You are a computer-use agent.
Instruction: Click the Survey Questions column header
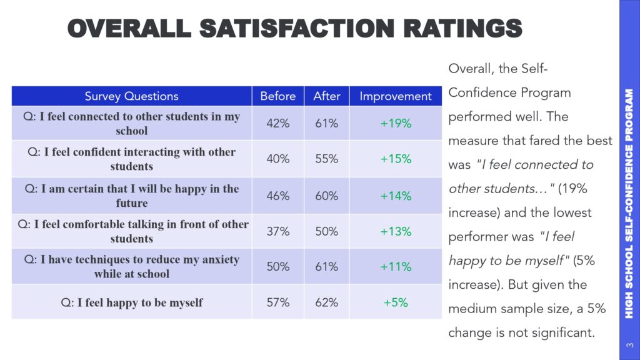pyautogui.click(x=131, y=96)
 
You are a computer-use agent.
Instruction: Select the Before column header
pyautogui.click(x=278, y=96)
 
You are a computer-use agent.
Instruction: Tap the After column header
pyautogui.click(x=326, y=96)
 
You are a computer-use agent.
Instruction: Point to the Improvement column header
pyautogui.click(x=396, y=97)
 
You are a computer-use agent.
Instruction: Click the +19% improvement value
pyautogui.click(x=396, y=123)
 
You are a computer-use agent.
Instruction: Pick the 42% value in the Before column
pyautogui.click(x=278, y=123)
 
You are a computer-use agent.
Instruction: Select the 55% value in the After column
pyautogui.click(x=326, y=159)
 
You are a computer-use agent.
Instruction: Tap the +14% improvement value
pyautogui.click(x=396, y=196)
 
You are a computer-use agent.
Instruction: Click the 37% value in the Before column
pyautogui.click(x=278, y=231)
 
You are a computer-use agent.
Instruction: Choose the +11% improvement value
pyautogui.click(x=396, y=266)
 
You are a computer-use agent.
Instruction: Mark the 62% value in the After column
pyautogui.click(x=326, y=302)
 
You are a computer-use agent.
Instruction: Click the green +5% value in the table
pyautogui.click(x=396, y=302)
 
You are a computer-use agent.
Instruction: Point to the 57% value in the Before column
pyautogui.click(x=278, y=302)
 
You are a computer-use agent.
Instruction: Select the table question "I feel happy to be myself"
pyautogui.click(x=131, y=303)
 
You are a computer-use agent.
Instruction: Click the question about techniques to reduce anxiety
pyautogui.click(x=131, y=266)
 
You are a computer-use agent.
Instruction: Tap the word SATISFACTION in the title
pyautogui.click(x=297, y=29)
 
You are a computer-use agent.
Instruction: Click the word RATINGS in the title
pyautogui.click(x=463, y=29)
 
